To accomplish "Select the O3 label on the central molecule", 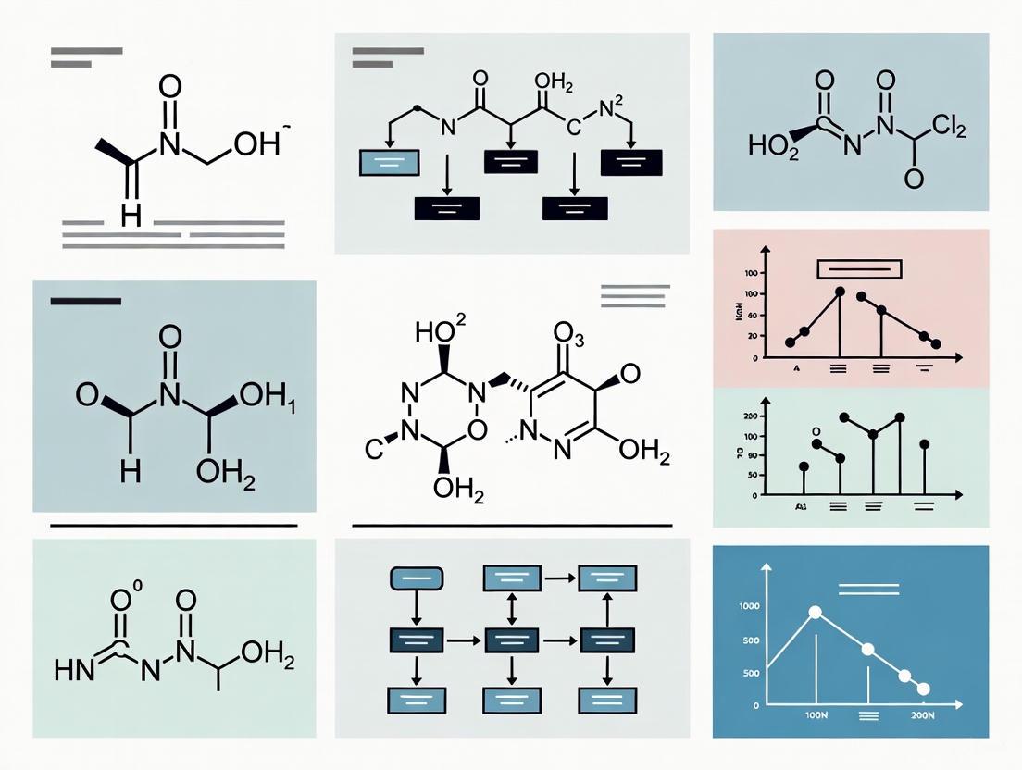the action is pyautogui.click(x=568, y=334).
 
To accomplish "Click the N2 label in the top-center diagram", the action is pyautogui.click(x=614, y=109).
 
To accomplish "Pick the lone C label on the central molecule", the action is pyautogui.click(x=373, y=451).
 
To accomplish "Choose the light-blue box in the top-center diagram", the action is pyautogui.click(x=389, y=162).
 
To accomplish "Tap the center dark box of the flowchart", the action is pyautogui.click(x=512, y=639).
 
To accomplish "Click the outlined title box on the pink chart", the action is pyautogui.click(x=857, y=268).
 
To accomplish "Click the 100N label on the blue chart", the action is pyautogui.click(x=816, y=716).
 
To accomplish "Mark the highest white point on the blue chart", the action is pyautogui.click(x=816, y=612).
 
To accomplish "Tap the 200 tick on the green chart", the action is pyautogui.click(x=751, y=417).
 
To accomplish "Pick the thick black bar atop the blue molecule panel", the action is pyautogui.click(x=86, y=301).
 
